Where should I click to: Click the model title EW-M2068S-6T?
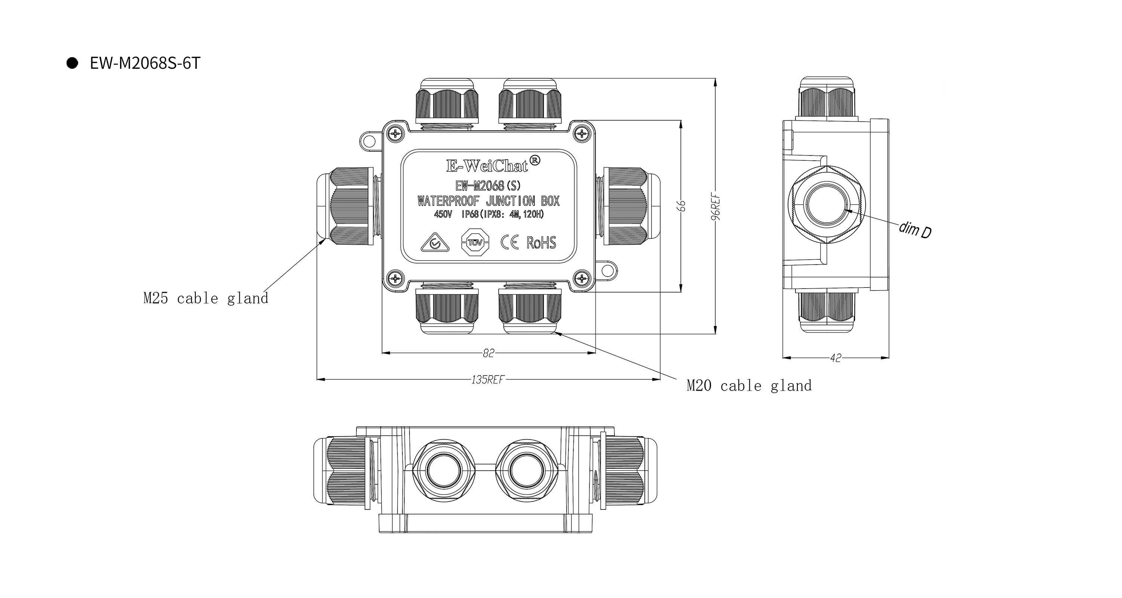coord(145,64)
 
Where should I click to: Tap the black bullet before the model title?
coord(72,63)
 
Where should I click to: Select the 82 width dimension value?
coord(488,353)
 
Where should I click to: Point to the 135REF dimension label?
coord(487,379)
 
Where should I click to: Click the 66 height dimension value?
coord(682,206)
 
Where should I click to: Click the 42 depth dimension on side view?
coord(836,358)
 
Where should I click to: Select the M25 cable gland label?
coord(206,299)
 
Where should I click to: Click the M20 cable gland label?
coord(749,386)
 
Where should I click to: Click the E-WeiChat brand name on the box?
coord(487,166)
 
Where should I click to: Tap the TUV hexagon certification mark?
coord(475,242)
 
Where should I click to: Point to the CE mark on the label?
coord(509,243)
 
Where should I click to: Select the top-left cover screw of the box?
coord(395,133)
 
